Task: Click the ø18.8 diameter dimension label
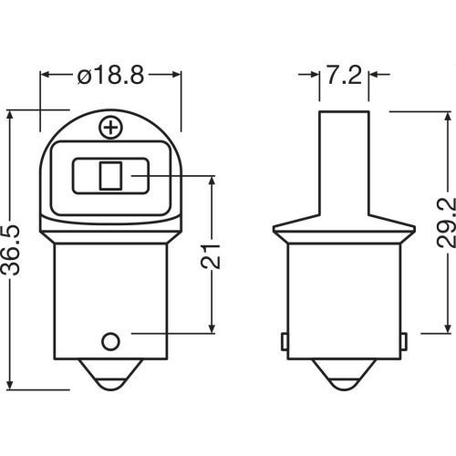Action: pos(110,75)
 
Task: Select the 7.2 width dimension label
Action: pos(344,75)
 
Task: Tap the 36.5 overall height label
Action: pos(11,250)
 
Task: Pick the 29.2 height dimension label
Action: pos(446,223)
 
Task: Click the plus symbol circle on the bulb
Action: pos(111,128)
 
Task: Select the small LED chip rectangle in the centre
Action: pos(110,176)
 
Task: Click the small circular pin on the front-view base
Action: pos(110,342)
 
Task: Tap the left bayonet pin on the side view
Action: pos(284,341)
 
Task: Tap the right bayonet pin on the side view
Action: pos(404,341)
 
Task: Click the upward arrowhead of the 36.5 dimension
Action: pos(11,116)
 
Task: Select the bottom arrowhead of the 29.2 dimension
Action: pos(447,327)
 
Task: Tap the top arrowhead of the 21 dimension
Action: pos(212,181)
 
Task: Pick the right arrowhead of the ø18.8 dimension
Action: pos(176,75)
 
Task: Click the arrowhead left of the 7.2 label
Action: pos(314,75)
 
